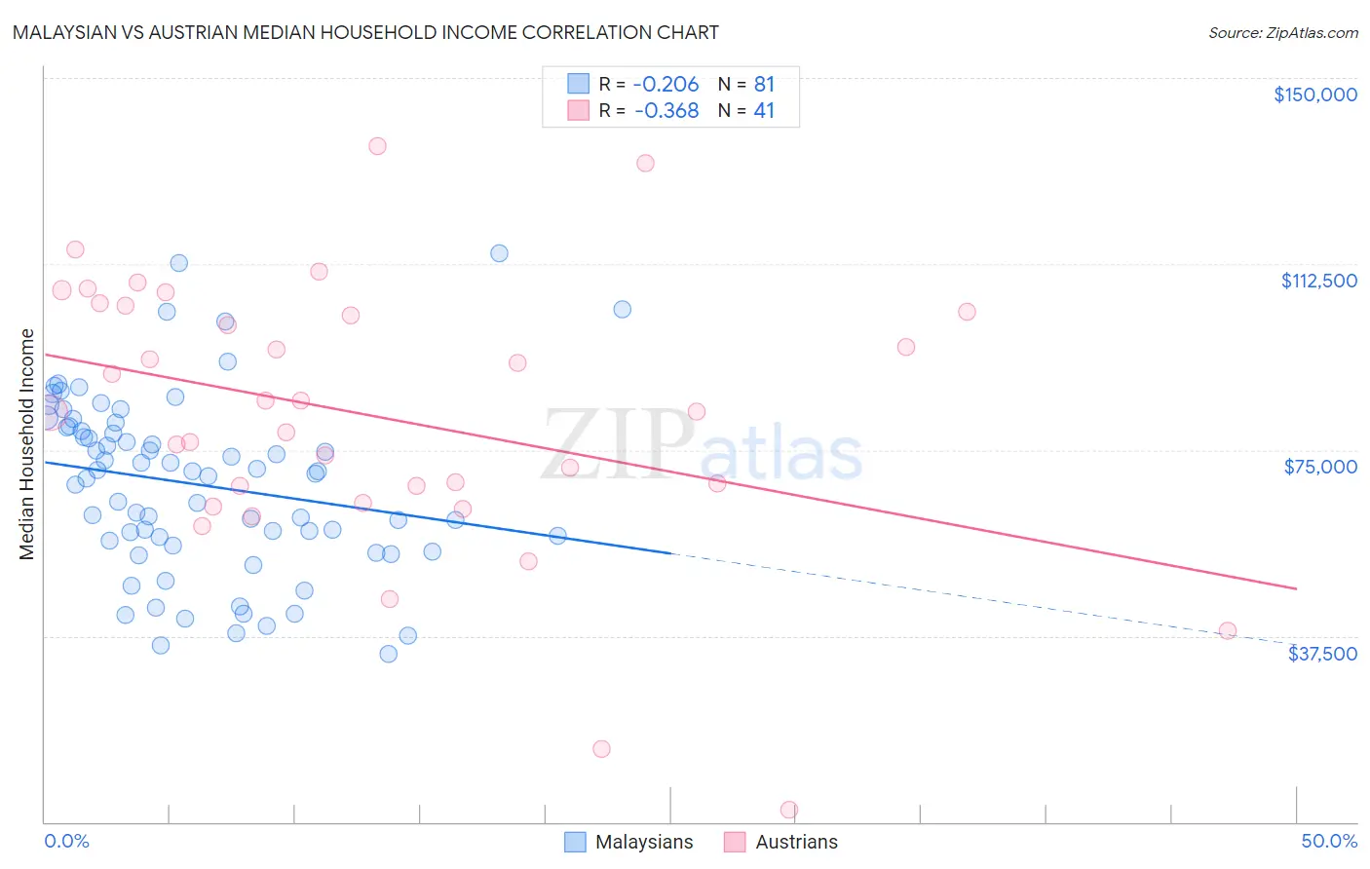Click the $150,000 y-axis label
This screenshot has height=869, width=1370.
point(1314,94)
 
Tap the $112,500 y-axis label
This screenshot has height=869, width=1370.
point(1318,281)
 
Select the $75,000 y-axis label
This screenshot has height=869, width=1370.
point(1320,467)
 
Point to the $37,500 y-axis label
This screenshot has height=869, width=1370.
point(1322,654)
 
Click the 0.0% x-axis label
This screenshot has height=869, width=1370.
point(66,842)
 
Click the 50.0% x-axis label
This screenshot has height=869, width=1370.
point(1328,842)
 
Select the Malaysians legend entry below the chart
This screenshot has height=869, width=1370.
point(629,842)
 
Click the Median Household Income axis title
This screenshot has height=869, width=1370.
point(27,444)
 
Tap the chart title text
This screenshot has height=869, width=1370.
point(365,32)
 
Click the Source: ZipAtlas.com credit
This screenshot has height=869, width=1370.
point(1282,33)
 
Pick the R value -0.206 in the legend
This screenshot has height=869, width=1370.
point(666,85)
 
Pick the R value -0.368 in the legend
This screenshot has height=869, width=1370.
point(666,111)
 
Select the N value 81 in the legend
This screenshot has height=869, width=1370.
point(764,85)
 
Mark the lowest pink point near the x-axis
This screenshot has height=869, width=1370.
point(789,811)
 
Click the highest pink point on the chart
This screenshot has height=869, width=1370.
point(377,146)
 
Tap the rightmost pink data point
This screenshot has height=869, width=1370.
point(1228,630)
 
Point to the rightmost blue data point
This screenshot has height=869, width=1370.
point(622,309)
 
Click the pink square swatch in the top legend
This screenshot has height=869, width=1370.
point(579,111)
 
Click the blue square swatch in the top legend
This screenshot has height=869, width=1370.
point(579,85)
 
